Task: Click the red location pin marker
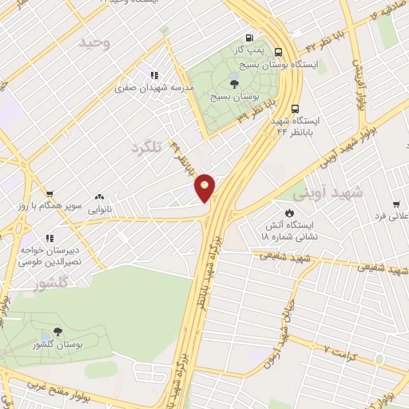coord(205,187)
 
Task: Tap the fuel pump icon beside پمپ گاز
coord(251,38)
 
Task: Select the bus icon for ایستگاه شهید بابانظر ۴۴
coord(296,109)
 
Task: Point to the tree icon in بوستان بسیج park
coord(232,83)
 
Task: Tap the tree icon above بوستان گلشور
coord(57,332)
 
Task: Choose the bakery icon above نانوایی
coord(100,197)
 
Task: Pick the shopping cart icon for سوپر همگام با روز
coord(50,194)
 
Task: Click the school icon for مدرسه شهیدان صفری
coord(153,76)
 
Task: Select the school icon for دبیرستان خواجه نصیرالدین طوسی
coord(50,237)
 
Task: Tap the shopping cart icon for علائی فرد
coord(383,203)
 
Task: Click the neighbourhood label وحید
coord(93,43)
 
